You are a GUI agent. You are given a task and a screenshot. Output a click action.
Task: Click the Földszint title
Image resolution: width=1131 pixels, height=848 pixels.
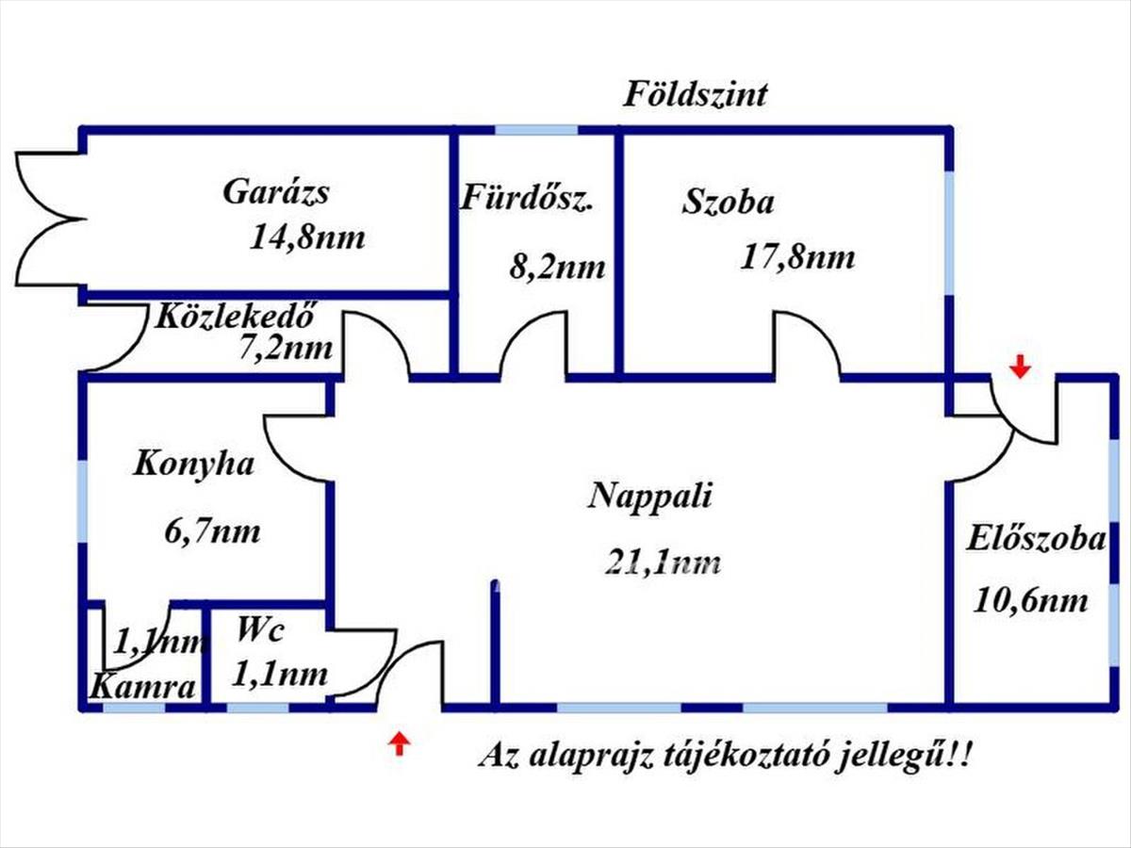[695, 95]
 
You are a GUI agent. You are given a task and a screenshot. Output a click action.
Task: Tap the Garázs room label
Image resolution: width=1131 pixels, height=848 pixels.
[275, 192]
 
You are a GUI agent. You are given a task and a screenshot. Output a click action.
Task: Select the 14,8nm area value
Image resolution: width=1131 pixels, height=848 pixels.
[307, 237]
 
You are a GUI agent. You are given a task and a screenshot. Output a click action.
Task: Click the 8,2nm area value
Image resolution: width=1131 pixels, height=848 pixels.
[557, 268]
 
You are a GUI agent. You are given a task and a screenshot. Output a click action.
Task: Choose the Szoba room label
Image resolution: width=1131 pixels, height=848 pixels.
[728, 202]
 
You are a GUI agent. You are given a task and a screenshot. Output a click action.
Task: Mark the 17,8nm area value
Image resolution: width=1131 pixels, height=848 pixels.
[797, 257]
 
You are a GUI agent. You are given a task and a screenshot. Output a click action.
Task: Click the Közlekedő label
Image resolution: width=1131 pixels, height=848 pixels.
[235, 315]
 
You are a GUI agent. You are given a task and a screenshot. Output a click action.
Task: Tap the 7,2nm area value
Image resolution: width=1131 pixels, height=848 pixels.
[286, 348]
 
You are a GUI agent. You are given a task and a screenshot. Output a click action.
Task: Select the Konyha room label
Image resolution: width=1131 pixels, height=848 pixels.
[194, 464]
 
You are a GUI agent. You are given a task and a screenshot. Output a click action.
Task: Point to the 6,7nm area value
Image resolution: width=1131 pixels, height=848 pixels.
[212, 531]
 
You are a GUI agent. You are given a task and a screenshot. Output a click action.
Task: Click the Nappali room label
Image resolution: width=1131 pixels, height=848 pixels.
[649, 497]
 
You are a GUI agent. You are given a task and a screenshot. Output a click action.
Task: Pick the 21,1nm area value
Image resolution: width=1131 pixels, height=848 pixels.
[663, 562]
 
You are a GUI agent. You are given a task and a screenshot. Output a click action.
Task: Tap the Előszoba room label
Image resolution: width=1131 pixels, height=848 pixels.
[1036, 539]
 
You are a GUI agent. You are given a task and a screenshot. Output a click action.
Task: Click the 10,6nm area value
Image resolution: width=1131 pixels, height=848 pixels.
[1030, 601]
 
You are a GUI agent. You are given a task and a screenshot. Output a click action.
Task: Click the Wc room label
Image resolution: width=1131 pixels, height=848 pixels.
[260, 628]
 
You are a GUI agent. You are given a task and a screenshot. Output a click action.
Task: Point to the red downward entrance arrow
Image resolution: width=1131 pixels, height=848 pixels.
[1020, 367]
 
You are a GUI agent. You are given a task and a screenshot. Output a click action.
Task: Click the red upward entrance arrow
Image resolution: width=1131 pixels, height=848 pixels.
[400, 744]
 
